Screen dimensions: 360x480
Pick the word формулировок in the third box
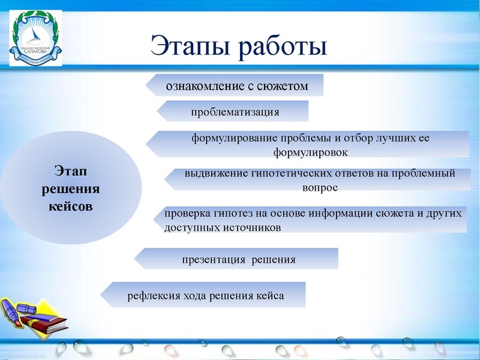coord(311,152)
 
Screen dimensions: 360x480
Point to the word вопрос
coord(320,188)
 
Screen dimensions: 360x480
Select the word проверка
coord(187,212)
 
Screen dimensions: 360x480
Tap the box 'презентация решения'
coord(236,259)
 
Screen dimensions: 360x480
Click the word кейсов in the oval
coord(70,206)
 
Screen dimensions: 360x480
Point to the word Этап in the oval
coord(70,172)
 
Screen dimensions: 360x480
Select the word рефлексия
coord(151,296)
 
